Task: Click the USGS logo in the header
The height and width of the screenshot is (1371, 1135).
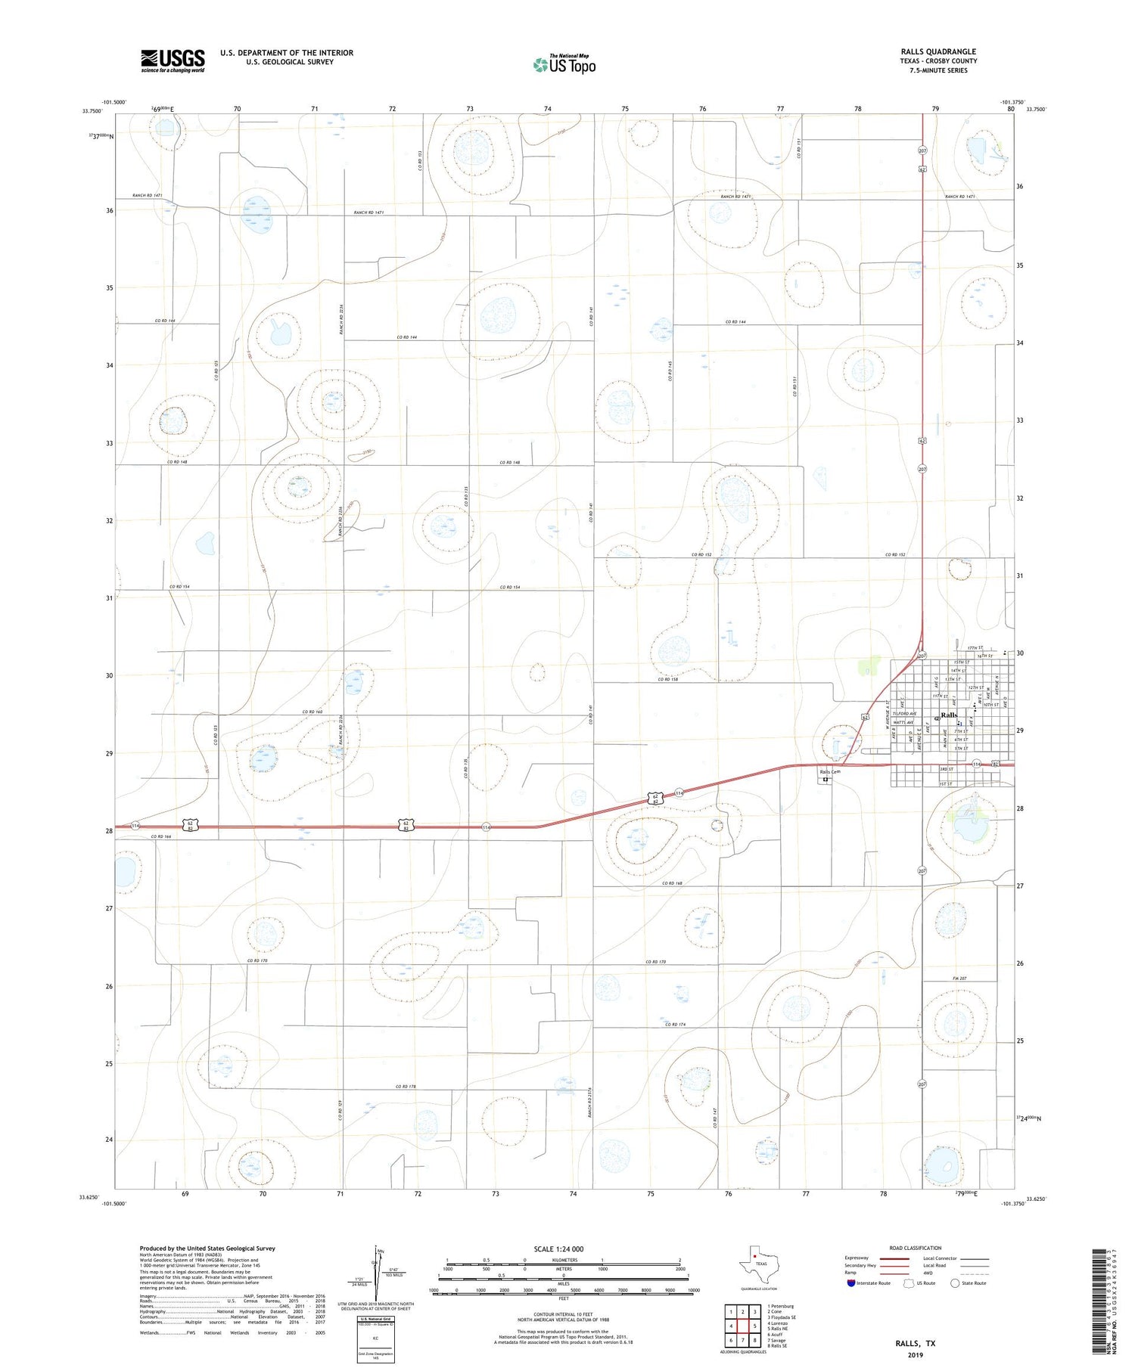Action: (x=173, y=60)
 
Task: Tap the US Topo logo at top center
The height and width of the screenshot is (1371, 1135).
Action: (x=564, y=65)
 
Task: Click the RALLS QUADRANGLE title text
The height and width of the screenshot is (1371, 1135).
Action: (x=938, y=51)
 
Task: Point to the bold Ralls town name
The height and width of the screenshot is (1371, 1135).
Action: (x=949, y=715)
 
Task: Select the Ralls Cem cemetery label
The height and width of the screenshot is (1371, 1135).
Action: (x=830, y=771)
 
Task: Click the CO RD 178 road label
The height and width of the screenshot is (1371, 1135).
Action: (x=406, y=1087)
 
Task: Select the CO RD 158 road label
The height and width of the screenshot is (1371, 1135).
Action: (x=667, y=679)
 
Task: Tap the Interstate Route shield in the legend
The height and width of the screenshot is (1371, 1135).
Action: (x=851, y=1283)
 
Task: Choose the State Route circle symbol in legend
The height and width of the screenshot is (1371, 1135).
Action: (x=955, y=1283)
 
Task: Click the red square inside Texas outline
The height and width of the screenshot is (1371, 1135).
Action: (x=755, y=1257)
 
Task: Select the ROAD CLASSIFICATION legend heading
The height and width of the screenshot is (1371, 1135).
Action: (x=915, y=1248)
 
